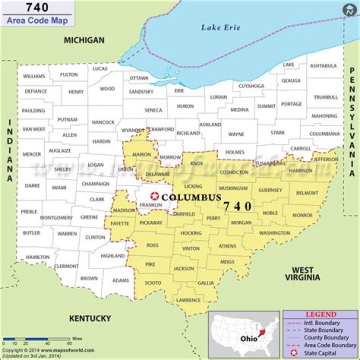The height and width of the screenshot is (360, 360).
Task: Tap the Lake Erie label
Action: [x=220, y=27]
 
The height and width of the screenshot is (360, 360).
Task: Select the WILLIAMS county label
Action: [x=34, y=76]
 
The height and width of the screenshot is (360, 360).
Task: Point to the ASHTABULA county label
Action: [x=323, y=65]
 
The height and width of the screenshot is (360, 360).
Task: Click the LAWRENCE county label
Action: [x=188, y=300]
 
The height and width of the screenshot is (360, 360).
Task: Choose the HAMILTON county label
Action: [x=37, y=257]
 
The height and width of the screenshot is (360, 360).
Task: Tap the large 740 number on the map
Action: [x=237, y=206]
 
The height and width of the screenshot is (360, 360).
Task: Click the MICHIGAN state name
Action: [x=84, y=40]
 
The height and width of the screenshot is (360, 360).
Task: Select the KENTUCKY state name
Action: [x=90, y=318]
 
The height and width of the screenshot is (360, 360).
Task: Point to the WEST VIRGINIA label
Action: [x=306, y=274]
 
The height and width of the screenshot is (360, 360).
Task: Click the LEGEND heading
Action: [x=321, y=314]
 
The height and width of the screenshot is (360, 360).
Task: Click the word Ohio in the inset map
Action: [x=248, y=338]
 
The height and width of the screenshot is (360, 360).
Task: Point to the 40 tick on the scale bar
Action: [x=48, y=344]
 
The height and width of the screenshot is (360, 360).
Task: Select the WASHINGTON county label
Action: [x=274, y=233]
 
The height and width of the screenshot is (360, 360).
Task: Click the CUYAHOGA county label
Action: [x=251, y=86]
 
